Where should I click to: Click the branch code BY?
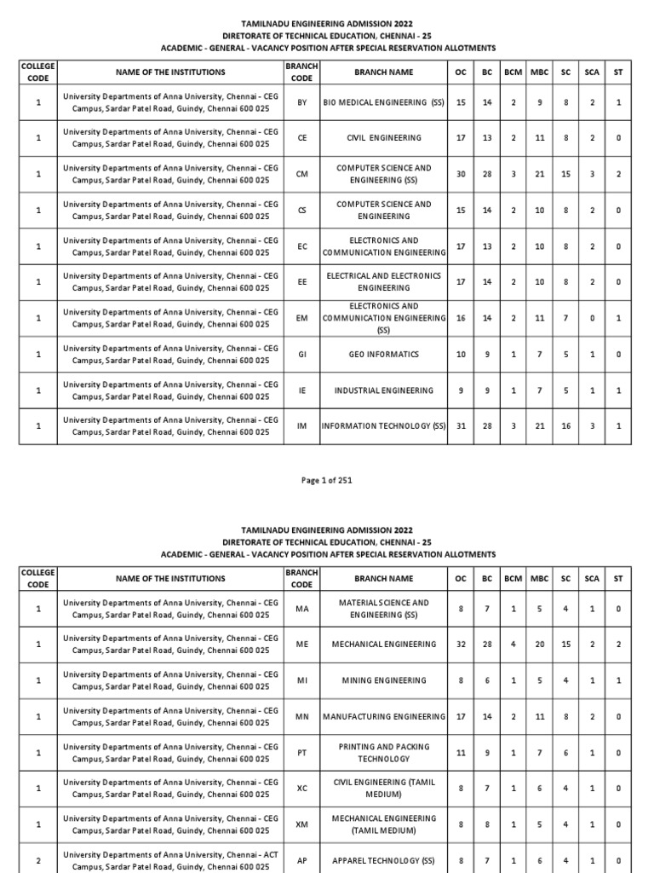301,102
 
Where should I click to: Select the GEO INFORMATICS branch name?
383,355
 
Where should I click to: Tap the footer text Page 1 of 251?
327,481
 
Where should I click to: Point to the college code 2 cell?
37,861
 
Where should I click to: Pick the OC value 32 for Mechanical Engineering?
461,645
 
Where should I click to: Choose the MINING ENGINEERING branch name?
383,680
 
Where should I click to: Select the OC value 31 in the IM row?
461,426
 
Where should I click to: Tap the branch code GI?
301,355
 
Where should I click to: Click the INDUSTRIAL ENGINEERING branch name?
383,390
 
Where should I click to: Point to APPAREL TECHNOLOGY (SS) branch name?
383,861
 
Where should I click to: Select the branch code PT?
301,753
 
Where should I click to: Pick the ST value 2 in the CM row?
618,174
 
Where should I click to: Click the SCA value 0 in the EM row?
591,318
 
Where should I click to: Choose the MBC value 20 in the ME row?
539,645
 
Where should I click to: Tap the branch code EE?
301,282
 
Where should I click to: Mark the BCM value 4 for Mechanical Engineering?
513,645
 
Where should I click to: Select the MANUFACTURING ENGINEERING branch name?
383,717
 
